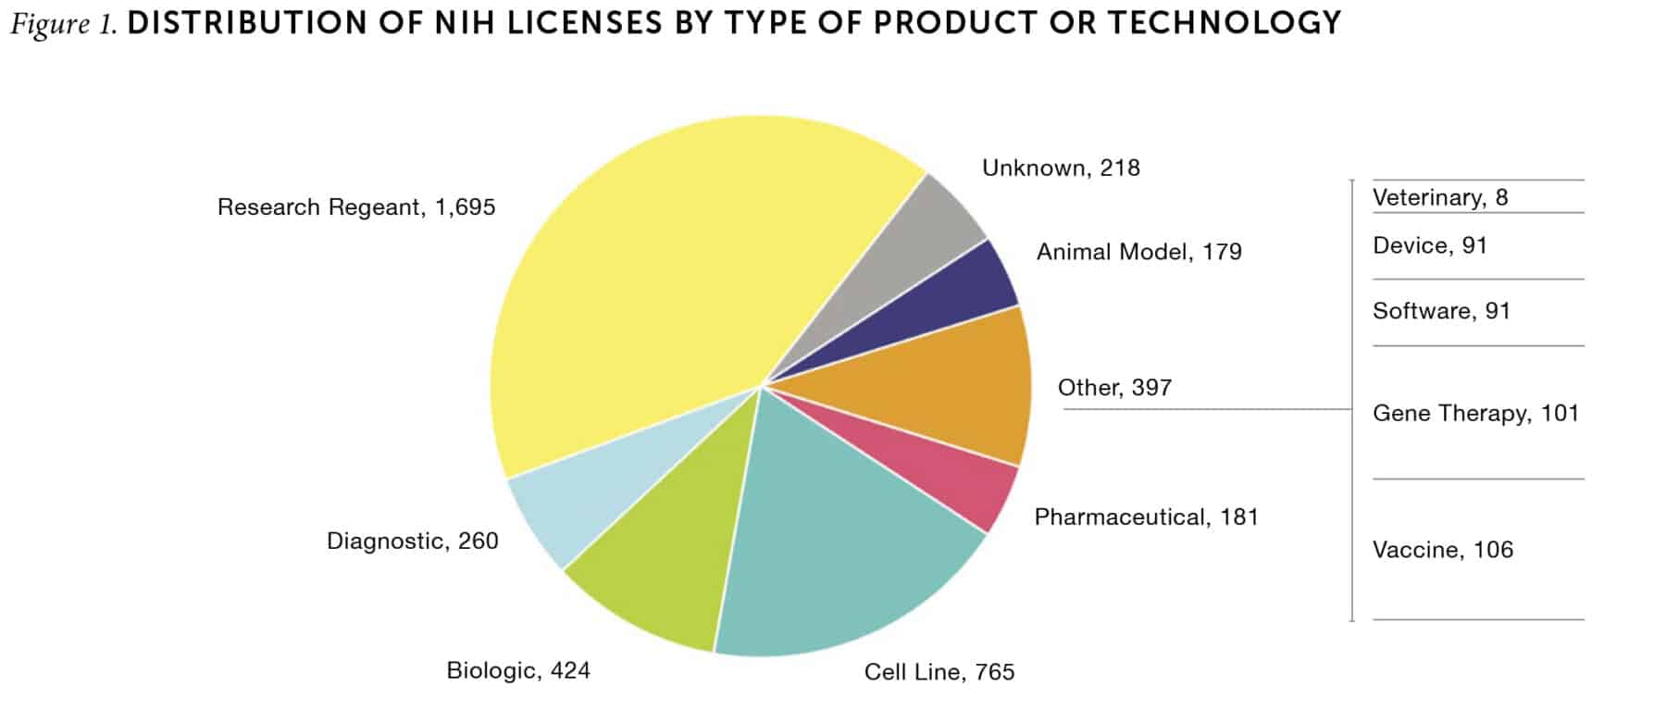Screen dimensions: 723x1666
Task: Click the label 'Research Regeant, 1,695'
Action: point(356,207)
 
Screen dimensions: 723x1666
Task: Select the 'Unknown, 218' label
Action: point(1061,168)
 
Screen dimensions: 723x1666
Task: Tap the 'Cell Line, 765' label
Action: point(939,672)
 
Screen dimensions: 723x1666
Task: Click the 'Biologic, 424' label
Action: point(518,671)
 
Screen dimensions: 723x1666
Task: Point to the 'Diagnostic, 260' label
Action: point(413,542)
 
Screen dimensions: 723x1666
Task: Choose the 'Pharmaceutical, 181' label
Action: point(1146,517)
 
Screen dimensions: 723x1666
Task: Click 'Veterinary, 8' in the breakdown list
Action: point(1440,198)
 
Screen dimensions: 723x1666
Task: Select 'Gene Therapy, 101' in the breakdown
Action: point(1475,414)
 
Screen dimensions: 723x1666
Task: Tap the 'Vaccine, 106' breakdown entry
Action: point(1443,550)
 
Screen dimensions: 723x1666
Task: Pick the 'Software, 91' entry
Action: point(1441,311)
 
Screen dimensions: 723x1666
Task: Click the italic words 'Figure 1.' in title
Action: point(63,23)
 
